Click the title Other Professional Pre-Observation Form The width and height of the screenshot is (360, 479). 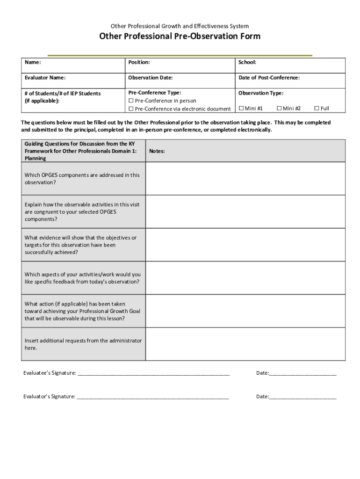tap(180, 36)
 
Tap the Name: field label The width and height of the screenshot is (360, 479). tap(33, 63)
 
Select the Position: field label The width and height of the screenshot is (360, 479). tap(139, 63)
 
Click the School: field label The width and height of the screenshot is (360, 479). tap(247, 63)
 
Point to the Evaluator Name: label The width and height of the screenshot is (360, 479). tap(45, 78)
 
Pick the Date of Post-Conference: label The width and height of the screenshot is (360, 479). tap(269, 78)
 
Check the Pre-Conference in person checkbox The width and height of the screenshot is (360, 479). tap(131, 101)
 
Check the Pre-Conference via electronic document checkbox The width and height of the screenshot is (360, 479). tap(131, 109)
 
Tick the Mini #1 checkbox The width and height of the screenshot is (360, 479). tap(241, 109)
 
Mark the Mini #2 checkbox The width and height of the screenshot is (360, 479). tap(279, 109)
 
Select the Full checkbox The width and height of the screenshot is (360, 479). tap(317, 109)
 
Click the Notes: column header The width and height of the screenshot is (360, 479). tap(157, 151)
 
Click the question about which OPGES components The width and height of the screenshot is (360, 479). tap(82, 179)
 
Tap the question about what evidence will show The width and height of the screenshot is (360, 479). tap(80, 245)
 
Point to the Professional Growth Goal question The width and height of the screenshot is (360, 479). tap(82, 311)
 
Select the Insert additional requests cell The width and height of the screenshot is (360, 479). tap(83, 344)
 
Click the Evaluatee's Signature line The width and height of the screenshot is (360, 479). tap(153, 373)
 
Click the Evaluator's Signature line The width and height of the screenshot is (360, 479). tap(152, 397)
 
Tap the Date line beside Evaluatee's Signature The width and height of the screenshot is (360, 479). tap(302, 373)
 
